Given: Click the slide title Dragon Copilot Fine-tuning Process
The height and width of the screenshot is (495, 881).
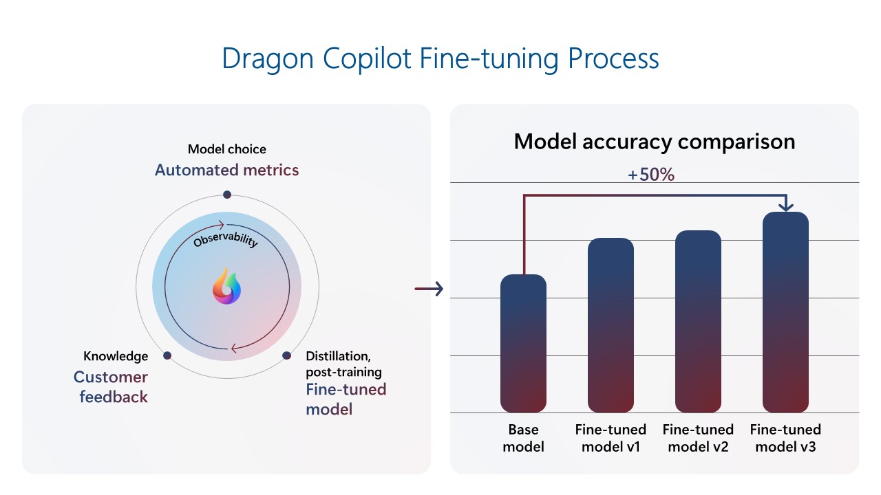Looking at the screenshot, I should click(440, 59).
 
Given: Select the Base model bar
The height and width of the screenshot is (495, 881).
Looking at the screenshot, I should click(523, 344).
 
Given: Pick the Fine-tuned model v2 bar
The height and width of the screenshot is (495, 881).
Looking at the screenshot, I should click(698, 322).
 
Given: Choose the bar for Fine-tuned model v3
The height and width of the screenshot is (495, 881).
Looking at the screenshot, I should click(785, 312).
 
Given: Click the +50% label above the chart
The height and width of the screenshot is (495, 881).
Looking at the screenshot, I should click(650, 175).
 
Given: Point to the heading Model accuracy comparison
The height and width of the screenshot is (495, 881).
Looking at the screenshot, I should click(654, 142).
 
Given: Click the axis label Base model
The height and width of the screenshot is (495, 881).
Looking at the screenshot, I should click(523, 438).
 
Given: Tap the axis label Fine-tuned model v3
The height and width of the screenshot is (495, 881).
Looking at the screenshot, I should click(785, 438).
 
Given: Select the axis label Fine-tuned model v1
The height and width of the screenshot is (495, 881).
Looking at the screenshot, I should click(611, 438).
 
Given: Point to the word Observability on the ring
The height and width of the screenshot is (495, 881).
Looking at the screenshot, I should click(226, 241).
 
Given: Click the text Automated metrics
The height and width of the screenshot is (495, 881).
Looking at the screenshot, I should click(227, 170).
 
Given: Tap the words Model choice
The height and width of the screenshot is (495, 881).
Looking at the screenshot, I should click(227, 149).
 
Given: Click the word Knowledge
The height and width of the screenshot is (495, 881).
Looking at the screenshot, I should click(116, 356).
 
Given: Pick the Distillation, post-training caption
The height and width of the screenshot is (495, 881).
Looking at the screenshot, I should click(343, 364).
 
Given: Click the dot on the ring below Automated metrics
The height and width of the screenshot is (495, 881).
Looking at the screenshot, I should click(227, 195).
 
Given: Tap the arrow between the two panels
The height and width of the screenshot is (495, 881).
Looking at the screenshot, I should click(428, 289).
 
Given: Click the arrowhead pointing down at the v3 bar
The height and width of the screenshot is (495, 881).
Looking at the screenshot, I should click(785, 206).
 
